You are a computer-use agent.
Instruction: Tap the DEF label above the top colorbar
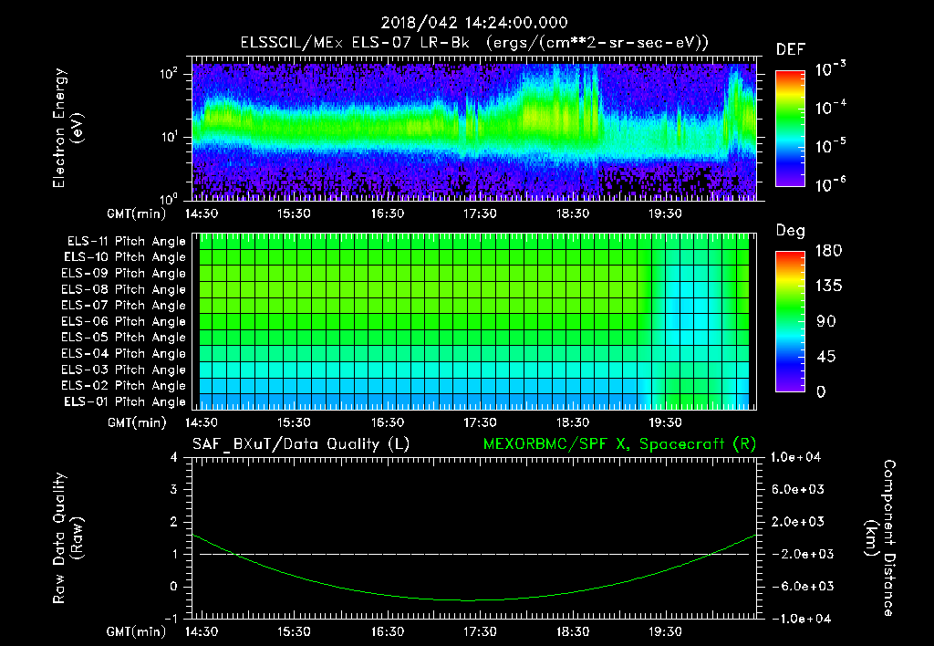(x=790, y=50)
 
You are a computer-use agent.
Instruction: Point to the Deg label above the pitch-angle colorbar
(x=790, y=231)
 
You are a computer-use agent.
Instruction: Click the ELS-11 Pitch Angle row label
(x=126, y=242)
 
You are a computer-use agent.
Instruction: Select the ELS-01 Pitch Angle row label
(x=126, y=401)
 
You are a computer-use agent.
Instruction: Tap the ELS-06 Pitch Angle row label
(x=126, y=321)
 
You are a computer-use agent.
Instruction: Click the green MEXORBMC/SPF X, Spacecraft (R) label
(x=619, y=444)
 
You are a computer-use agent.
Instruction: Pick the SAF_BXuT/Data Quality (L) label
(x=300, y=444)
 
